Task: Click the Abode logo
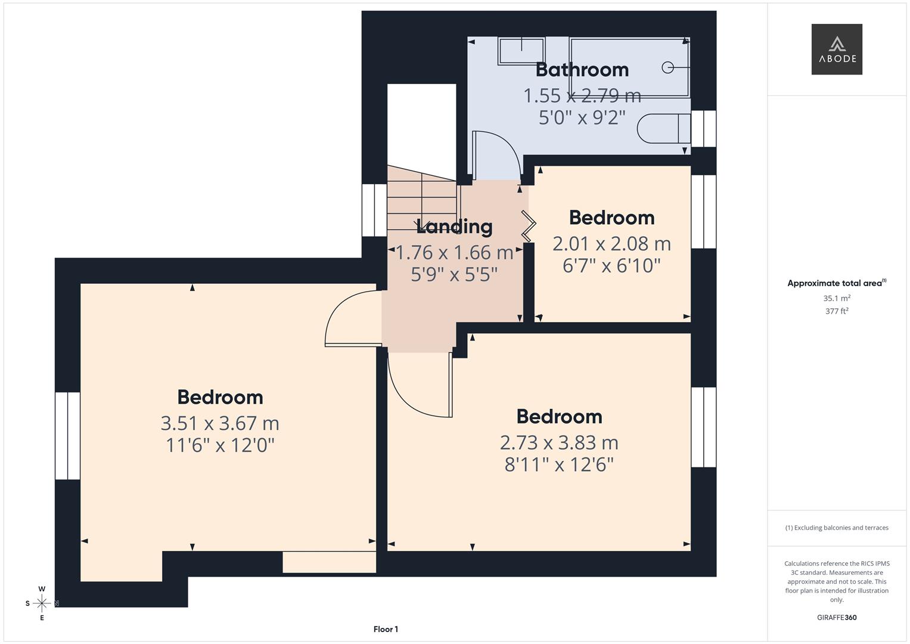(837, 49)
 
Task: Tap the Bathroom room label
(582, 70)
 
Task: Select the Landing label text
(454, 227)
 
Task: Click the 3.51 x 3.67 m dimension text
(220, 423)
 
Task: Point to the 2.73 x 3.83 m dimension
(559, 442)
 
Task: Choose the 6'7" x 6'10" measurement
(611, 265)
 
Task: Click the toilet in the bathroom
(662, 128)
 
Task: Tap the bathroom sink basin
(521, 51)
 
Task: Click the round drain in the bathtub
(668, 68)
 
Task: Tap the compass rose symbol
(42, 603)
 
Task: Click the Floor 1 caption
(386, 629)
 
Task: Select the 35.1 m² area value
(837, 298)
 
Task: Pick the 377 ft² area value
(837, 311)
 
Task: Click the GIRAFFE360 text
(837, 618)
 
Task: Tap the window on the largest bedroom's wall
(67, 435)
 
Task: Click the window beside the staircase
(374, 210)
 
